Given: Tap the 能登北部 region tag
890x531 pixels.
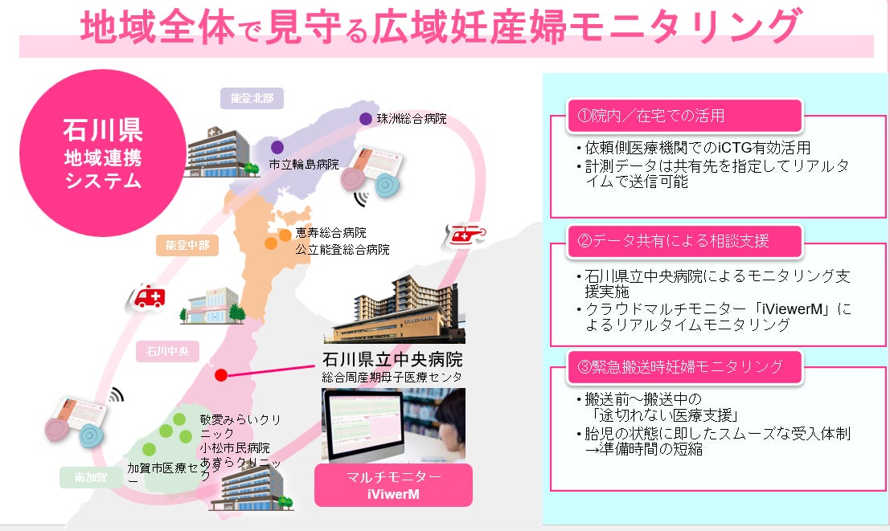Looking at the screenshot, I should point(252,99).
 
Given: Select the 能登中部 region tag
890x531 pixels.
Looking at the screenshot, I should point(187,245).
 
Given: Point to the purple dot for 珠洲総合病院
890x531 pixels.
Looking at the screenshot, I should point(366,119).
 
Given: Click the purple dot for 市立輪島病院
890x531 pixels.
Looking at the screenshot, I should point(277,147).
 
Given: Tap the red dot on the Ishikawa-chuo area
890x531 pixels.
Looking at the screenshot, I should point(221,375).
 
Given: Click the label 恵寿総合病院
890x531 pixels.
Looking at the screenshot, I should point(330,233).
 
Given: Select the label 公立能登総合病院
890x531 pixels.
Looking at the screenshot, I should point(342,250).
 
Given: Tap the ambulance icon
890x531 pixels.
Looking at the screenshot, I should point(147,299).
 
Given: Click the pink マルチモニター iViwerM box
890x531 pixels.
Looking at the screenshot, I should point(393,484).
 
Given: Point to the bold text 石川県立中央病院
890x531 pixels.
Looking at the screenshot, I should point(392,358).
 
